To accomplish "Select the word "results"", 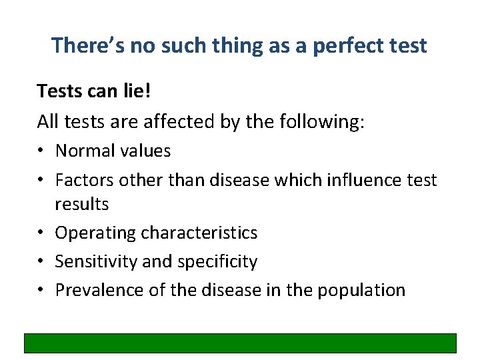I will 81,203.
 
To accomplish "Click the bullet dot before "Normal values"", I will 41,151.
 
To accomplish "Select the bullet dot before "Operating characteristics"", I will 41,233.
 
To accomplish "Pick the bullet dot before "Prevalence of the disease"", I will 41,291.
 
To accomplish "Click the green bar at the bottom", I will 240,343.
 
